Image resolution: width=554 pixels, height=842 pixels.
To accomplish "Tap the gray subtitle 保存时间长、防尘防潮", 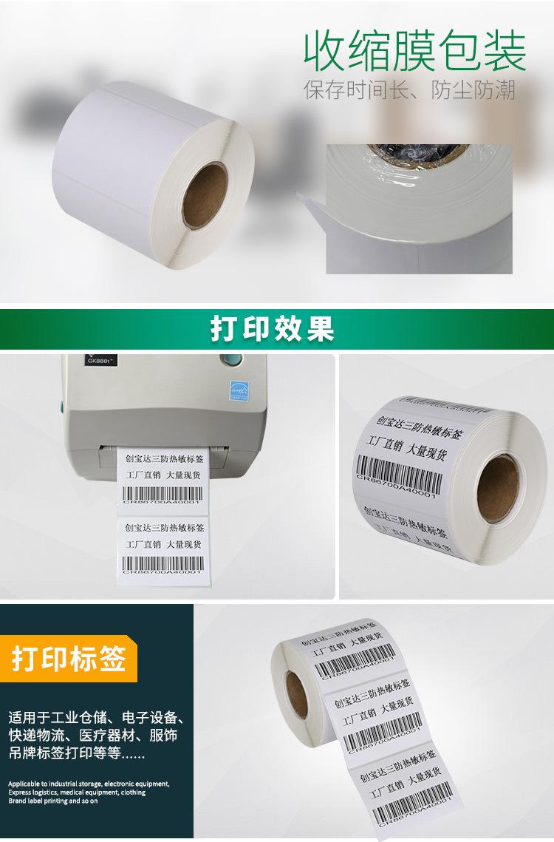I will [409, 90].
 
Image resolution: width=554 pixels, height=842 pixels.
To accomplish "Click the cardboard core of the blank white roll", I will [205, 195].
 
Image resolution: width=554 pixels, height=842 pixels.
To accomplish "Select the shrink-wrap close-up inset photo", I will [419, 208].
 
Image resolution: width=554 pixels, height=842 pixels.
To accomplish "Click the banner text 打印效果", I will [273, 328].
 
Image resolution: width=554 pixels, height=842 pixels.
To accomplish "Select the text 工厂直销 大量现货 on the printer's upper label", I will [163, 475].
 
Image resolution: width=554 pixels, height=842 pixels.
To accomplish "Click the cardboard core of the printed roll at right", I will [496, 489].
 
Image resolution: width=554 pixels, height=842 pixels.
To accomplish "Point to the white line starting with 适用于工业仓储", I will [95, 717].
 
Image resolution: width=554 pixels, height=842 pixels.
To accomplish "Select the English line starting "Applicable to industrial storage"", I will [89, 784].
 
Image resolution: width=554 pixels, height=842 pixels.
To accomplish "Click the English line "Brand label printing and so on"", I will [53, 800].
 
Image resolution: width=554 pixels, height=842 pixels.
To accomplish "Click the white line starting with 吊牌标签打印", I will [77, 755].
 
